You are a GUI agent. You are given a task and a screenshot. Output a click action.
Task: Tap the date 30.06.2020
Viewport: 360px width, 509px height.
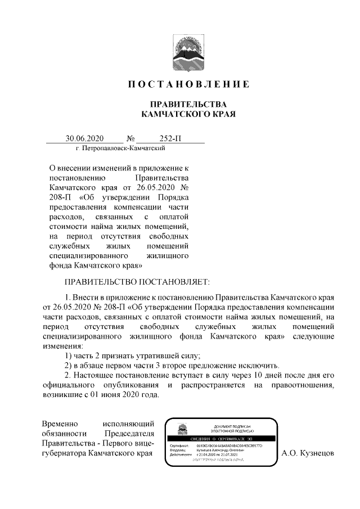(x=84, y=138)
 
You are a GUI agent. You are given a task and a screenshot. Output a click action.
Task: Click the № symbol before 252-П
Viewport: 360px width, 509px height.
(x=133, y=138)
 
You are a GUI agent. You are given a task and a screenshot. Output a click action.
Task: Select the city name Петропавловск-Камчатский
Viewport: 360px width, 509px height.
(x=123, y=148)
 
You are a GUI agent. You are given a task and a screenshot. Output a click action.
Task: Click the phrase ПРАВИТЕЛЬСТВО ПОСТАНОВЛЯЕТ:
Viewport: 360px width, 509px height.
(x=137, y=281)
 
